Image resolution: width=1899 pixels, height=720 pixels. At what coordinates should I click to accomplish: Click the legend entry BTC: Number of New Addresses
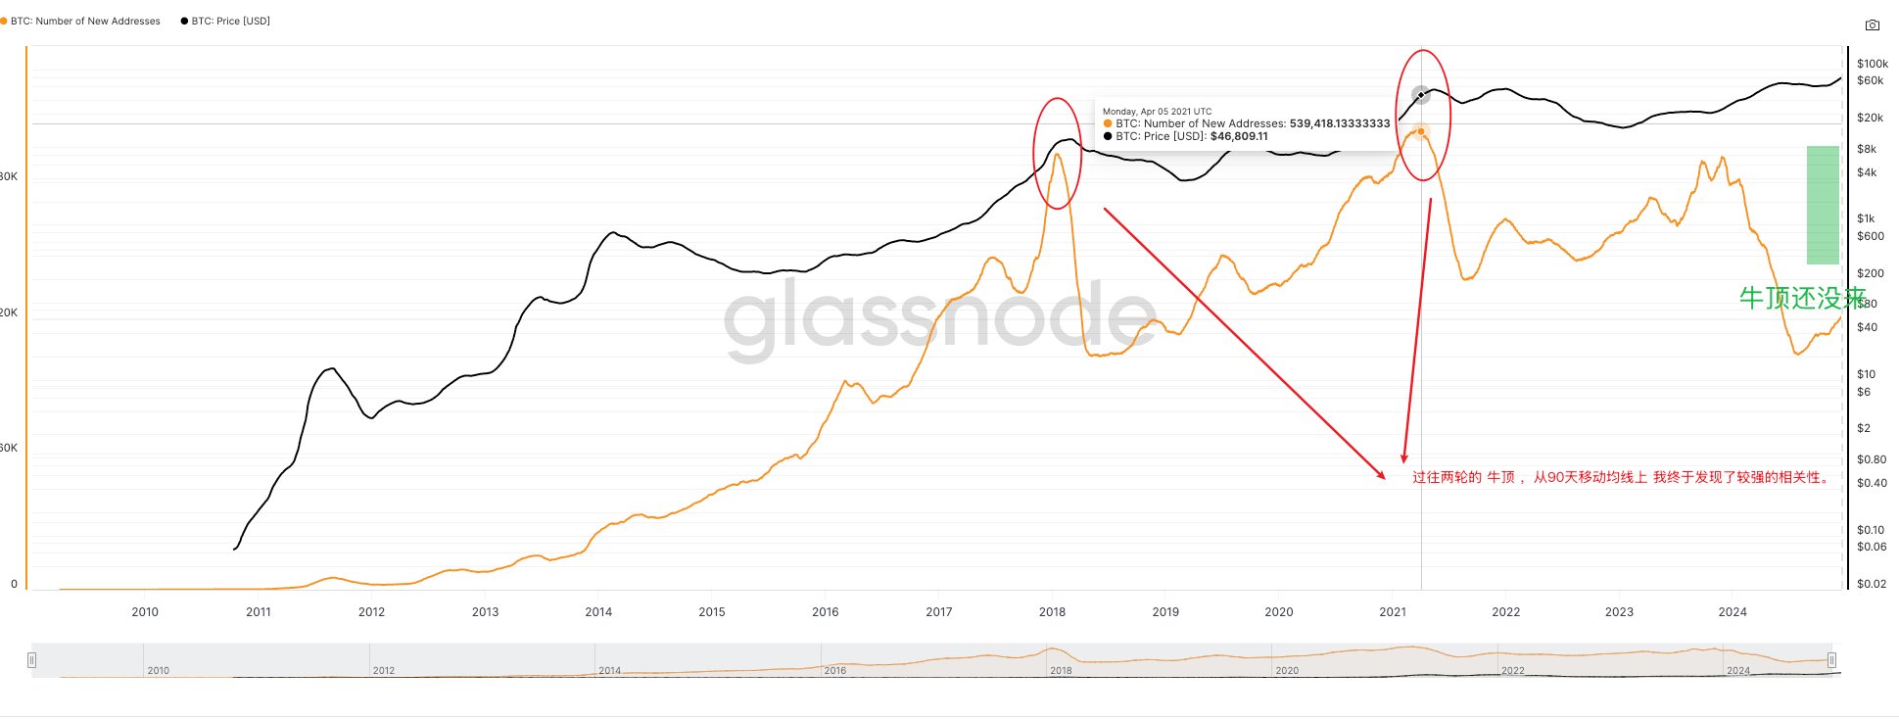point(84,21)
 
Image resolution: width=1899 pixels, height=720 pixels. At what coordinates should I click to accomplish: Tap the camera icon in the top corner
point(1872,25)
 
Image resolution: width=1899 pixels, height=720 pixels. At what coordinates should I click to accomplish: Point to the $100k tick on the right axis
point(1872,64)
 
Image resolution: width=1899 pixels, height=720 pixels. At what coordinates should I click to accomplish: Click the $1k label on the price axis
point(1866,218)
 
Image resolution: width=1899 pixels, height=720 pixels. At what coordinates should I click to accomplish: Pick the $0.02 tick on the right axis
point(1871,584)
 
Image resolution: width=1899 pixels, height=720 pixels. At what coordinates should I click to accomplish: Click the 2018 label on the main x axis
point(1052,612)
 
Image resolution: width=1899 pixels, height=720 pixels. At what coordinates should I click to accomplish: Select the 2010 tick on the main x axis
point(145,612)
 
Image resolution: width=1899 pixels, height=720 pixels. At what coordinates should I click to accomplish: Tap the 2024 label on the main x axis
point(1732,612)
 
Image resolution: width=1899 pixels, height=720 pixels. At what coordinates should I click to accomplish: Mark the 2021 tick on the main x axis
point(1392,612)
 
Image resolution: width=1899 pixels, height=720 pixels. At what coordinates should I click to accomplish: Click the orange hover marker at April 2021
point(1421,131)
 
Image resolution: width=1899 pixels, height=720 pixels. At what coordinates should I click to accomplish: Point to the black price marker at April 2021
point(1421,95)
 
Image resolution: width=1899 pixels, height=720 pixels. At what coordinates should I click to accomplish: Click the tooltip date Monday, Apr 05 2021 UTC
point(1157,112)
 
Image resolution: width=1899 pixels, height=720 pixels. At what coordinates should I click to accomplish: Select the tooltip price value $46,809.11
point(1239,136)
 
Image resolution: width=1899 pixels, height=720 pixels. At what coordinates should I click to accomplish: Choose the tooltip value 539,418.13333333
point(1339,123)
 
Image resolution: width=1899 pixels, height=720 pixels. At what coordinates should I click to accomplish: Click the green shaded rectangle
point(1823,205)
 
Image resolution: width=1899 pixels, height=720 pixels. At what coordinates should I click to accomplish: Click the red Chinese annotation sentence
point(1622,477)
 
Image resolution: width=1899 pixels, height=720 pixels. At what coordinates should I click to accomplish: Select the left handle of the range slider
point(32,660)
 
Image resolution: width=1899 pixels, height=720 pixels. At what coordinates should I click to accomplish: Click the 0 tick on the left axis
point(14,584)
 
